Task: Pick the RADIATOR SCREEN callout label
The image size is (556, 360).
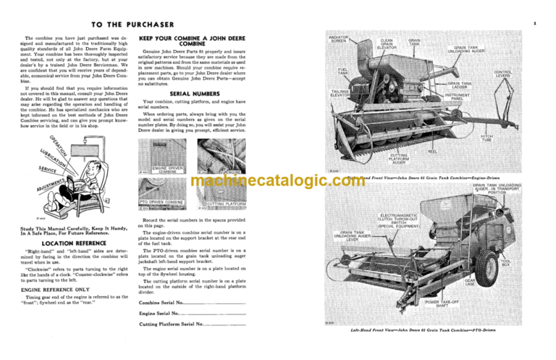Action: (x=340, y=37)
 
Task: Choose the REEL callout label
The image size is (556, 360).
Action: (x=432, y=151)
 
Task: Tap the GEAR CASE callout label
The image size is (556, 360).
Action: (x=489, y=281)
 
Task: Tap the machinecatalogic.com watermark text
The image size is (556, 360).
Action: (x=278, y=180)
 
